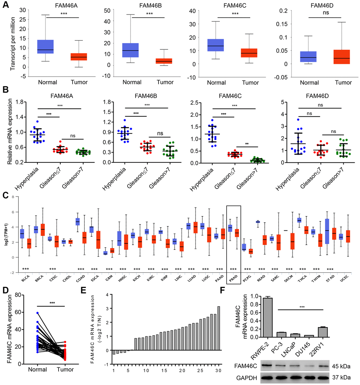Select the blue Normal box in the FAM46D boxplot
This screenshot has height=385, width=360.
click(x=308, y=57)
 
